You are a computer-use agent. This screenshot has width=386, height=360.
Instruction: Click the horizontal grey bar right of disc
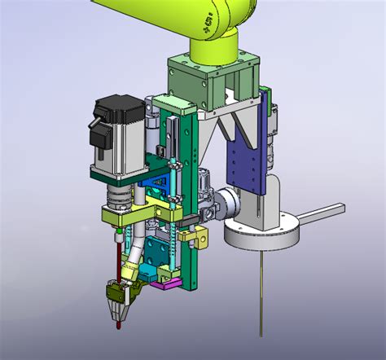(322, 215)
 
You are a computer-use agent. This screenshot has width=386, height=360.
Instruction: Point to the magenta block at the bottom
(169, 283)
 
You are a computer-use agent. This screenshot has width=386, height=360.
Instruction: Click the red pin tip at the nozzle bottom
(119, 325)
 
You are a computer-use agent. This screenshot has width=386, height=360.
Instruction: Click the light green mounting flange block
(213, 77)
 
